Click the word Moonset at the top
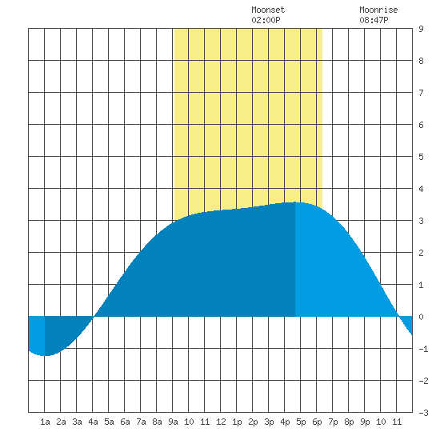(x=268, y=10)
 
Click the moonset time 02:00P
(x=266, y=20)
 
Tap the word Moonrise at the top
(x=378, y=10)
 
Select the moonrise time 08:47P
(x=374, y=20)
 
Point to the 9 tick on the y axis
(x=421, y=29)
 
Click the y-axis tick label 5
(x=421, y=157)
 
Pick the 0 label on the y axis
(x=421, y=317)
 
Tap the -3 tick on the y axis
(x=423, y=413)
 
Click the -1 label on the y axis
(x=423, y=349)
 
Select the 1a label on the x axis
(x=45, y=422)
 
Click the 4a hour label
(x=93, y=422)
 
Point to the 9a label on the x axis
(x=173, y=422)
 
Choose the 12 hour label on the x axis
(x=221, y=422)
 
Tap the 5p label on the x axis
(x=301, y=422)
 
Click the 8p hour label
(x=349, y=422)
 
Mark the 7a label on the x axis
(x=141, y=422)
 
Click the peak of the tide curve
(x=295, y=202)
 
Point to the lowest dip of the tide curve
(x=44, y=356)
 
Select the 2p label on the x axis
(x=253, y=422)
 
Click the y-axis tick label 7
(x=421, y=93)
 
